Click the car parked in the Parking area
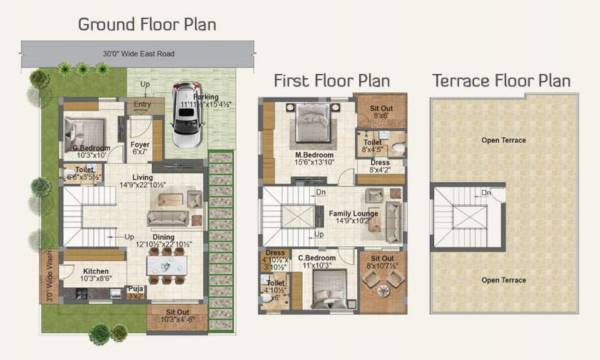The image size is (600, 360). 185,116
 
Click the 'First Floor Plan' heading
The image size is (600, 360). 331,80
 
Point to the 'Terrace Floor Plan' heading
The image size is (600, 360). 501,80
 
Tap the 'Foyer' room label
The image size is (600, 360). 140,145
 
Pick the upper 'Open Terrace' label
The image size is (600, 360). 502,140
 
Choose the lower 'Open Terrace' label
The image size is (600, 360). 502,281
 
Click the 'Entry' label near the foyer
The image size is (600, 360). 142,102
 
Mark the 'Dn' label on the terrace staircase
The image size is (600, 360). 486,192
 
